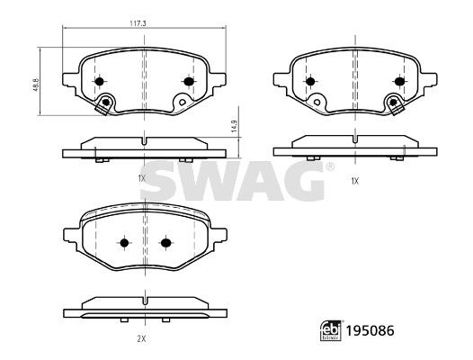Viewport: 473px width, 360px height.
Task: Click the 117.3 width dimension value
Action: tap(138, 23)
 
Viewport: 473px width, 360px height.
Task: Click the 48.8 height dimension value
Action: tap(36, 85)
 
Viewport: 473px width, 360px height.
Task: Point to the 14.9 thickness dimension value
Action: tap(235, 126)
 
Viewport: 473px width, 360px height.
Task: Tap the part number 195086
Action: tap(370, 330)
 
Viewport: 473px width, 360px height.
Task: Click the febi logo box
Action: tap(331, 330)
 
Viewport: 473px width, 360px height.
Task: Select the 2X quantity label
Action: tap(141, 339)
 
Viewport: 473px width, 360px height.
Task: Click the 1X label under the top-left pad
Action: tap(142, 178)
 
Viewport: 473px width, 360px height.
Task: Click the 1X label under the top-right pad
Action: tap(355, 181)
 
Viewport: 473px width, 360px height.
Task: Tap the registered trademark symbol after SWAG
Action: tap(330, 166)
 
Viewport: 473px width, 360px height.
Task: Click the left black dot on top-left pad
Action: tap(99, 81)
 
